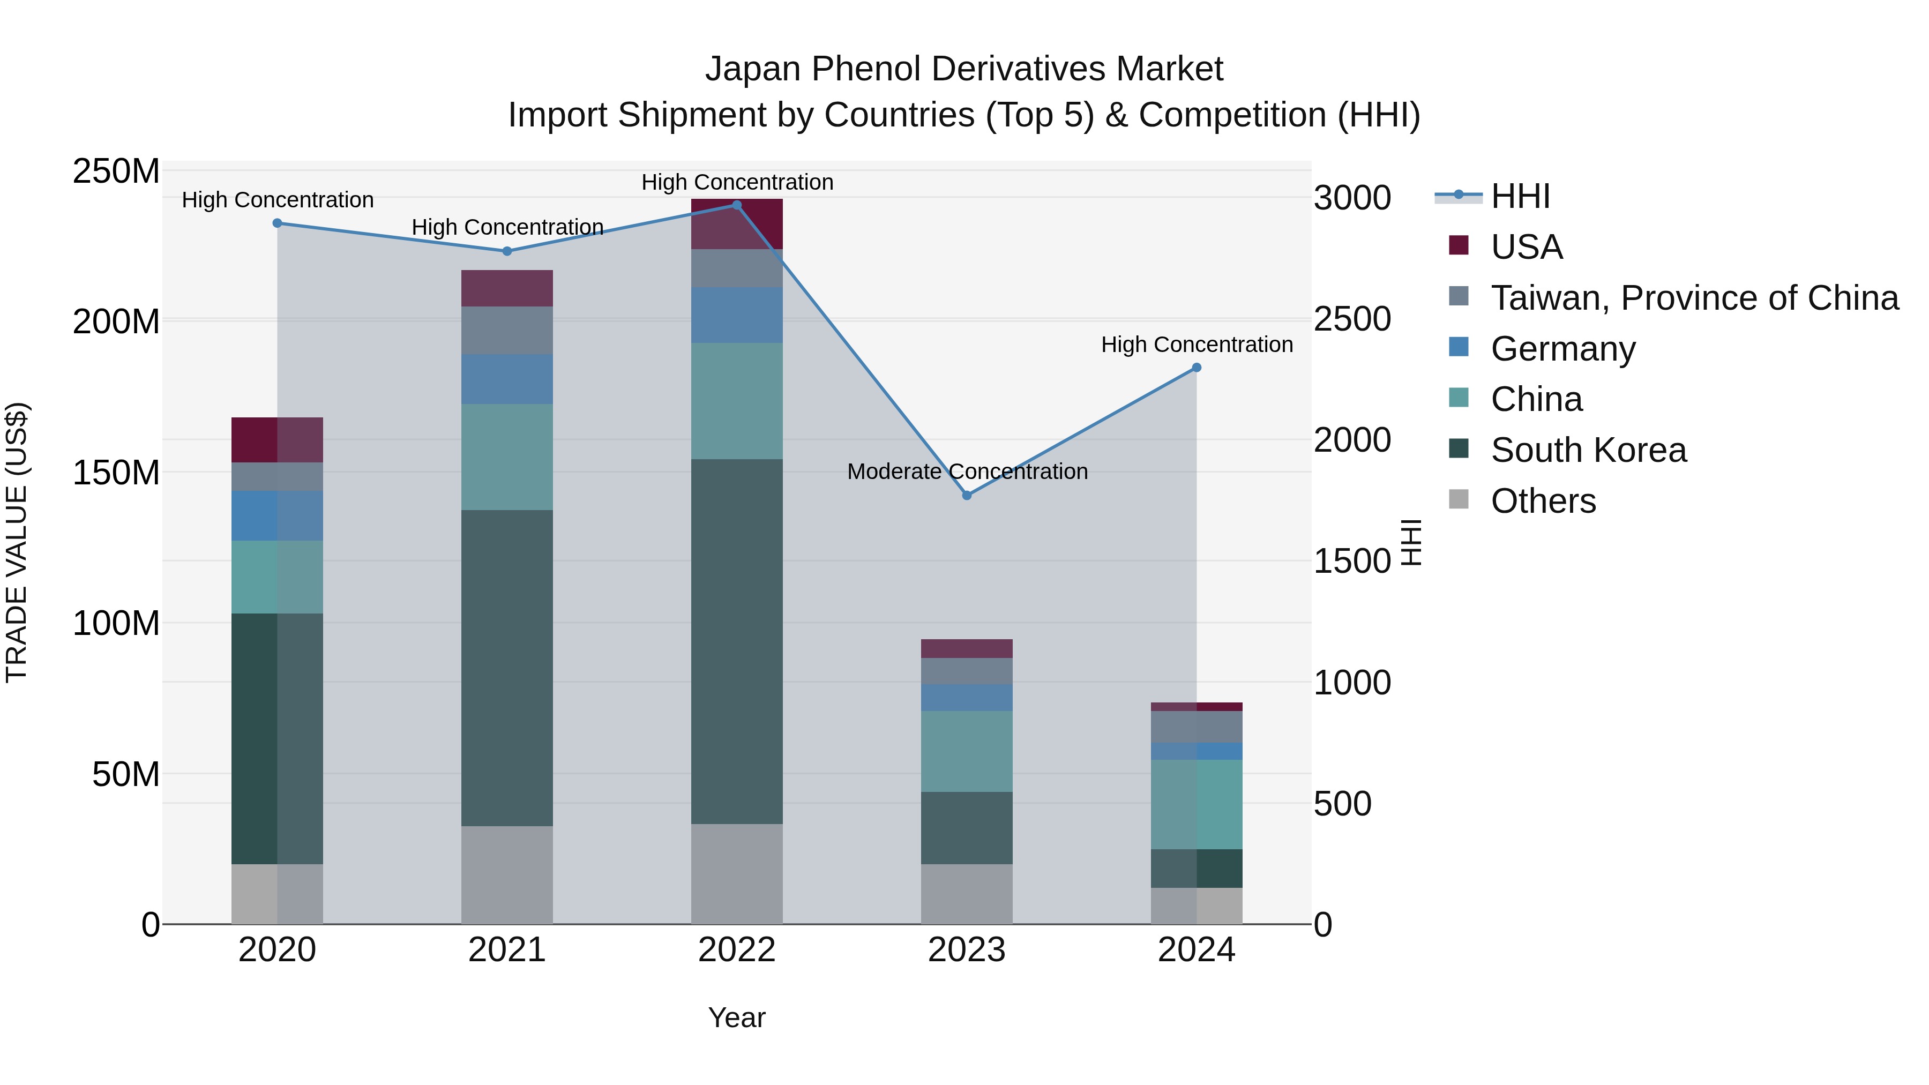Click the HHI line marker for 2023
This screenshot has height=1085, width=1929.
click(x=966, y=495)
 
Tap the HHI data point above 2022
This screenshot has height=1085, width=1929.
click(x=736, y=205)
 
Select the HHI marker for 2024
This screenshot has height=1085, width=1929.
click(x=1196, y=368)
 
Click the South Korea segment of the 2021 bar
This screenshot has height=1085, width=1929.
click(x=507, y=668)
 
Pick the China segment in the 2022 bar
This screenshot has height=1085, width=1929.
click(x=736, y=401)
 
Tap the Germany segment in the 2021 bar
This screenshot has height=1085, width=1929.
click(x=507, y=379)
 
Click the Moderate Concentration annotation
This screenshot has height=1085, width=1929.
click(x=967, y=472)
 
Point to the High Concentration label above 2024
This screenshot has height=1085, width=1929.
click(x=1196, y=345)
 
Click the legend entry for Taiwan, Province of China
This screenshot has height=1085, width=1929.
click(x=1694, y=298)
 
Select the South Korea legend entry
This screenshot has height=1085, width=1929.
click(x=1588, y=450)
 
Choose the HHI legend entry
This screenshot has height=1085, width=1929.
click(x=1520, y=196)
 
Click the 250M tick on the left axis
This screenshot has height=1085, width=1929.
click(x=116, y=171)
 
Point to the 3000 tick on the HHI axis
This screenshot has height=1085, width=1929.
click(x=1352, y=198)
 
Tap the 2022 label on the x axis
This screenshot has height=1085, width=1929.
click(x=736, y=950)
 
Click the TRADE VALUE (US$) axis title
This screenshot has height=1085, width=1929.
click(x=17, y=542)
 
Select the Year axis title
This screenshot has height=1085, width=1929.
click(x=736, y=1017)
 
